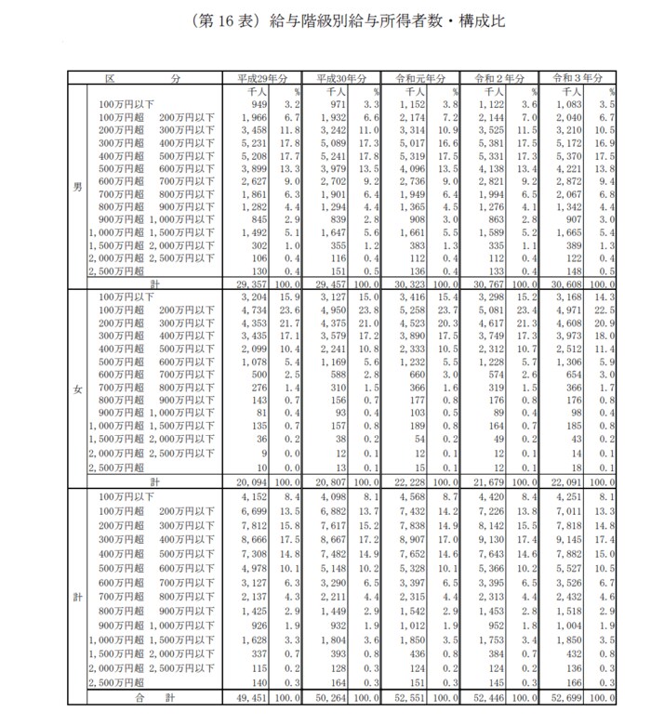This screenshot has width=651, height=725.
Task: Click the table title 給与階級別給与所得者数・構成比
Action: (325, 20)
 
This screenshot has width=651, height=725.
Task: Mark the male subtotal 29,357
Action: (259, 283)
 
